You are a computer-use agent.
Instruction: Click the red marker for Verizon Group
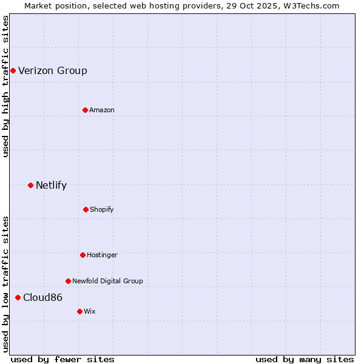pyautogui.click(x=13, y=71)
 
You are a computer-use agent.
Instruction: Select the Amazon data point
pyautogui.click(x=85, y=110)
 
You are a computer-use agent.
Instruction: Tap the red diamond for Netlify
pyautogui.click(x=30, y=185)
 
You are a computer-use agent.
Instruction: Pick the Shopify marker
pyautogui.click(x=86, y=209)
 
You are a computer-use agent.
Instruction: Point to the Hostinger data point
pyautogui.click(x=83, y=255)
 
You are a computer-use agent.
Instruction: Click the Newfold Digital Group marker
pyautogui.click(x=68, y=281)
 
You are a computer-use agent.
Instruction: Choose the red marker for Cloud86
pyautogui.click(x=18, y=297)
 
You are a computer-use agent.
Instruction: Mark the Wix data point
pyautogui.click(x=79, y=311)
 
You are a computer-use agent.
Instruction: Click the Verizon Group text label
pyautogui.click(x=53, y=71)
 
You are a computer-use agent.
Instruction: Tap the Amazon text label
pyautogui.click(x=102, y=110)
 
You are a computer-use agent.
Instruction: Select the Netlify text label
pyautogui.click(x=52, y=185)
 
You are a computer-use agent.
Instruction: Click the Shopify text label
pyautogui.click(x=102, y=209)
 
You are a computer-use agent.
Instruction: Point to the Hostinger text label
pyautogui.click(x=102, y=255)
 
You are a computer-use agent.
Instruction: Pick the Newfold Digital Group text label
pyautogui.click(x=107, y=281)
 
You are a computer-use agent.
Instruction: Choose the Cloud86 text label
pyautogui.click(x=42, y=297)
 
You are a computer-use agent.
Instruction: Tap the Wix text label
pyautogui.click(x=90, y=311)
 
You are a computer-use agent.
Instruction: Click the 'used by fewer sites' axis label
pyautogui.click(x=62, y=359)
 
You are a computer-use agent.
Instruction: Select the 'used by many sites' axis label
pyautogui.click(x=305, y=359)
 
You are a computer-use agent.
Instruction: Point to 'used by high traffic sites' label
pyautogui.click(x=5, y=86)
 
